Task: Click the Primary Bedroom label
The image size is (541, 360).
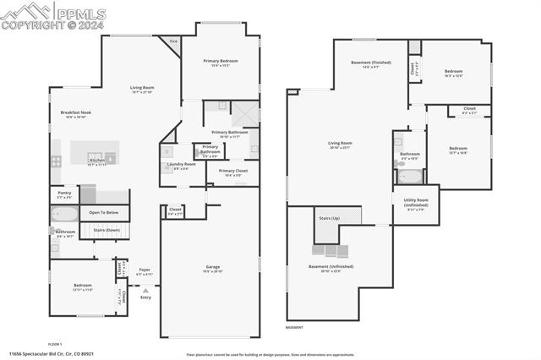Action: tap(221, 62)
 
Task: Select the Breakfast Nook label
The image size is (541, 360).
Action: tap(75, 112)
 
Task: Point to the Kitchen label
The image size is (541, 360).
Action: tap(96, 160)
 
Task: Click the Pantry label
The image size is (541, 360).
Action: tap(64, 193)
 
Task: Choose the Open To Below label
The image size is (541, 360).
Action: tap(104, 212)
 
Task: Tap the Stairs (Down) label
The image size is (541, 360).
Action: tap(106, 229)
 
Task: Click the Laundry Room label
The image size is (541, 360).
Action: tap(181, 164)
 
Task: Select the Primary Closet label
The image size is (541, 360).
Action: tap(232, 171)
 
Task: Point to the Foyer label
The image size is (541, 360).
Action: tap(145, 270)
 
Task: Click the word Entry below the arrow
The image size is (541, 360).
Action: tap(145, 297)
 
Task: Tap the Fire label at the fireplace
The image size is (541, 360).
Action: tap(173, 41)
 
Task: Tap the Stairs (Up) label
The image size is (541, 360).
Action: tap(329, 218)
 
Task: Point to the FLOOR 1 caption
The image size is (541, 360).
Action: tap(56, 344)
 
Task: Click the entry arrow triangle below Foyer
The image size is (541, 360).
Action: tap(145, 289)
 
